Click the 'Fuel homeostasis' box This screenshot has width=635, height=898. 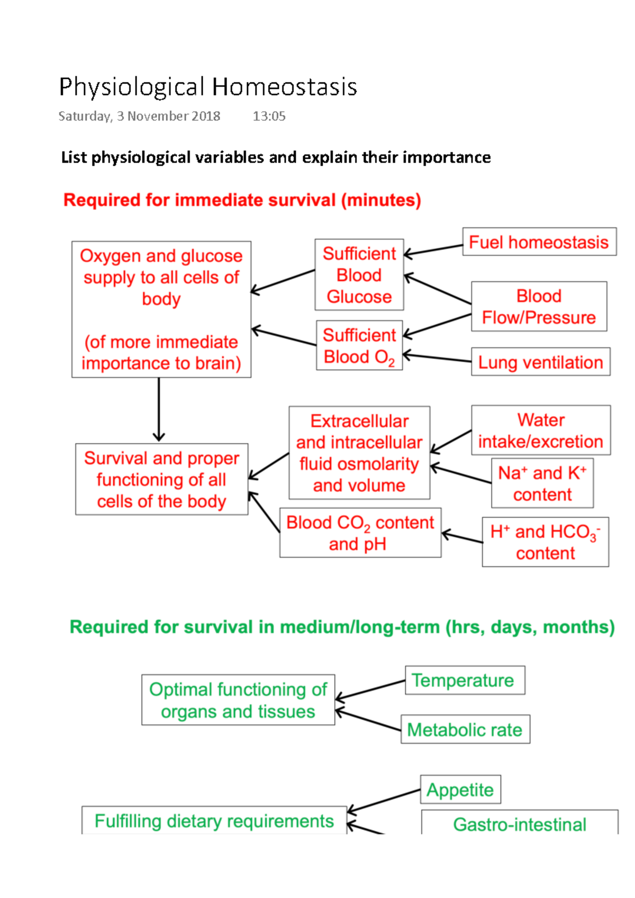pos(539,242)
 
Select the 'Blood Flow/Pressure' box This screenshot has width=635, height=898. pos(539,307)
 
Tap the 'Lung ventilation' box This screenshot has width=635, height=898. pos(540,362)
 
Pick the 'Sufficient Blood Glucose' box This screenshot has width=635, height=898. pos(359,275)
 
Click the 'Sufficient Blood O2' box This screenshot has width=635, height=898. pos(359,346)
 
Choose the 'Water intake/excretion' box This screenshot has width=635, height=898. pos(540,430)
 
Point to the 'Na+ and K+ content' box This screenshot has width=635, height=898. pos(542,483)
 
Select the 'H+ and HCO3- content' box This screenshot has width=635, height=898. pos(545,542)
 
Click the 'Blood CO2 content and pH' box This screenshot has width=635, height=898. pos(360,533)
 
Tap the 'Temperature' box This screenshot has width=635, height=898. pos(465,680)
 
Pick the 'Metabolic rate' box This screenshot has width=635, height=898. pos(465,730)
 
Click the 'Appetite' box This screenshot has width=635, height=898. pos(460,790)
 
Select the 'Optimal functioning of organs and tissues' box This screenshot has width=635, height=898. pos(238,700)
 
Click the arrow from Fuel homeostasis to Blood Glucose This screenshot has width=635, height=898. pos(433,250)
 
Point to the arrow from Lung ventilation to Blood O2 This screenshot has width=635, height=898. pos(437,358)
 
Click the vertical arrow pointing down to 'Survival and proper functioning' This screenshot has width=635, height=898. pos(159,410)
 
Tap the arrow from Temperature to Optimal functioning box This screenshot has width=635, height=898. pos(370,690)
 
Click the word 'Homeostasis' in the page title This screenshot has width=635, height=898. pos(285,87)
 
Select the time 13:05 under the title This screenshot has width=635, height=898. pos(269,116)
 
